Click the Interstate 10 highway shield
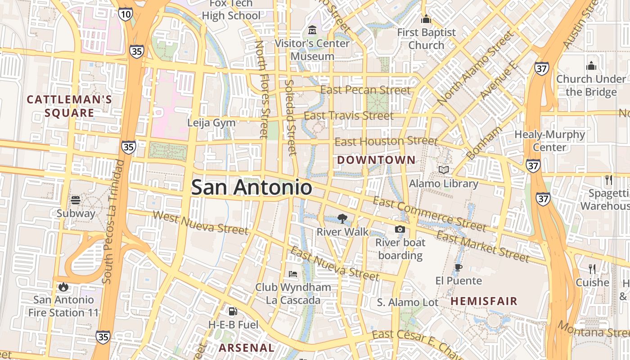(x=126, y=14)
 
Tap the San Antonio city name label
(x=251, y=187)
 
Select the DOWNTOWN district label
(x=376, y=160)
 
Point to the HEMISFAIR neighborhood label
(x=484, y=301)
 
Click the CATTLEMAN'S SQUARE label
(x=69, y=106)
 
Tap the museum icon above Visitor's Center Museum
(x=312, y=31)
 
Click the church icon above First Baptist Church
(x=426, y=19)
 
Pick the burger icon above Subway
(x=76, y=200)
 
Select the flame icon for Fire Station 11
(x=63, y=286)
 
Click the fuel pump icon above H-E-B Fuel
(x=233, y=311)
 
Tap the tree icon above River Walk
(x=342, y=219)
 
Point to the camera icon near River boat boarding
(x=400, y=229)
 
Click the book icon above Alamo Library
(x=444, y=170)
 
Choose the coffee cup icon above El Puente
(x=458, y=267)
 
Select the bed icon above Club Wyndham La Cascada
(x=293, y=274)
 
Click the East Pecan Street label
(x=365, y=90)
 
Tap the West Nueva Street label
(x=200, y=223)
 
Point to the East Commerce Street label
(x=429, y=214)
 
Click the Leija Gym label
(x=211, y=123)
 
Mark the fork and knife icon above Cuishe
(x=592, y=269)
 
